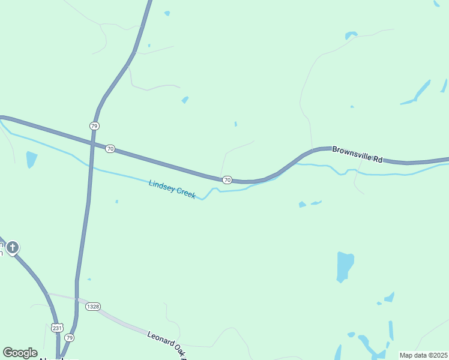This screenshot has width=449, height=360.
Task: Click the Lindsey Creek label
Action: click(x=172, y=189)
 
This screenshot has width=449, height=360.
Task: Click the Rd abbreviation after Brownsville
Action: click(x=378, y=159)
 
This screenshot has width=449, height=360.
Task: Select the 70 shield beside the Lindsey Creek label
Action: click(x=227, y=179)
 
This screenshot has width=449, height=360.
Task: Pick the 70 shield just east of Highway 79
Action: click(x=109, y=148)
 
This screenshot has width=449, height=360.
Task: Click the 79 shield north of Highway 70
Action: click(x=94, y=125)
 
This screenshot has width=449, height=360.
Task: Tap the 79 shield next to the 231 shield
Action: click(x=70, y=337)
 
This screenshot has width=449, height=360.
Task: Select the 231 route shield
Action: click(x=56, y=328)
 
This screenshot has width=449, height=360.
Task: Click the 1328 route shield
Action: click(x=92, y=307)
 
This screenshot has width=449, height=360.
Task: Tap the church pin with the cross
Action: click(x=12, y=247)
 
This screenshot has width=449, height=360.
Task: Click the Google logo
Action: click(x=20, y=353)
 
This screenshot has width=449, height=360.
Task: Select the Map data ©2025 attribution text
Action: click(x=423, y=355)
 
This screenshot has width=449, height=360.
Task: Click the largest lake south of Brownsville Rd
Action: click(x=345, y=266)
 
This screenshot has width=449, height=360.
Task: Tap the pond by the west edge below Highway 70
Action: click(x=31, y=159)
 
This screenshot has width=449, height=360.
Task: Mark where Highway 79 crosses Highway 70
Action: click(x=92, y=144)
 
